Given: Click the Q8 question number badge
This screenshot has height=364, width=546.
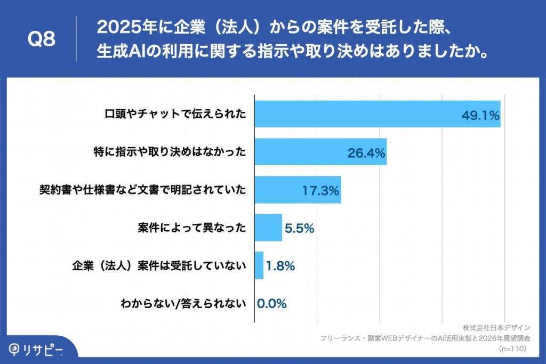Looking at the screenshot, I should (41, 39).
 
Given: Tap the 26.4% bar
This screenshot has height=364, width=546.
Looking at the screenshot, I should (320, 152).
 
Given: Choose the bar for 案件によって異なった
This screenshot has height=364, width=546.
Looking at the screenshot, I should (268, 228).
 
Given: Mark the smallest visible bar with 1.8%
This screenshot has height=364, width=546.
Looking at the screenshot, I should (259, 265).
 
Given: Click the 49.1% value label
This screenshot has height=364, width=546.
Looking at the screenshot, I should (480, 115).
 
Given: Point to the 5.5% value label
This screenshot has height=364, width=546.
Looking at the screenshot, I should (299, 228).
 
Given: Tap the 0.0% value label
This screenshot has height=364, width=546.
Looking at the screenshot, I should (272, 304).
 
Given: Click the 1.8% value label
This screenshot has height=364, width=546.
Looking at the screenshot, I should (280, 266).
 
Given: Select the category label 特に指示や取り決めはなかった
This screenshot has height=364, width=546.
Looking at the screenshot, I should (170, 152).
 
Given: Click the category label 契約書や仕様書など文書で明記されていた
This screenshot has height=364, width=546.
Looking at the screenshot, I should (143, 190).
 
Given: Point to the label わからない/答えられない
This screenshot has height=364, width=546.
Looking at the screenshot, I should (183, 304).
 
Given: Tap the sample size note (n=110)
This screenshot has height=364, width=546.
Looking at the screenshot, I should (513, 349).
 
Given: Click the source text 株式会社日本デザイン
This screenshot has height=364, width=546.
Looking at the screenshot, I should (496, 327).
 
